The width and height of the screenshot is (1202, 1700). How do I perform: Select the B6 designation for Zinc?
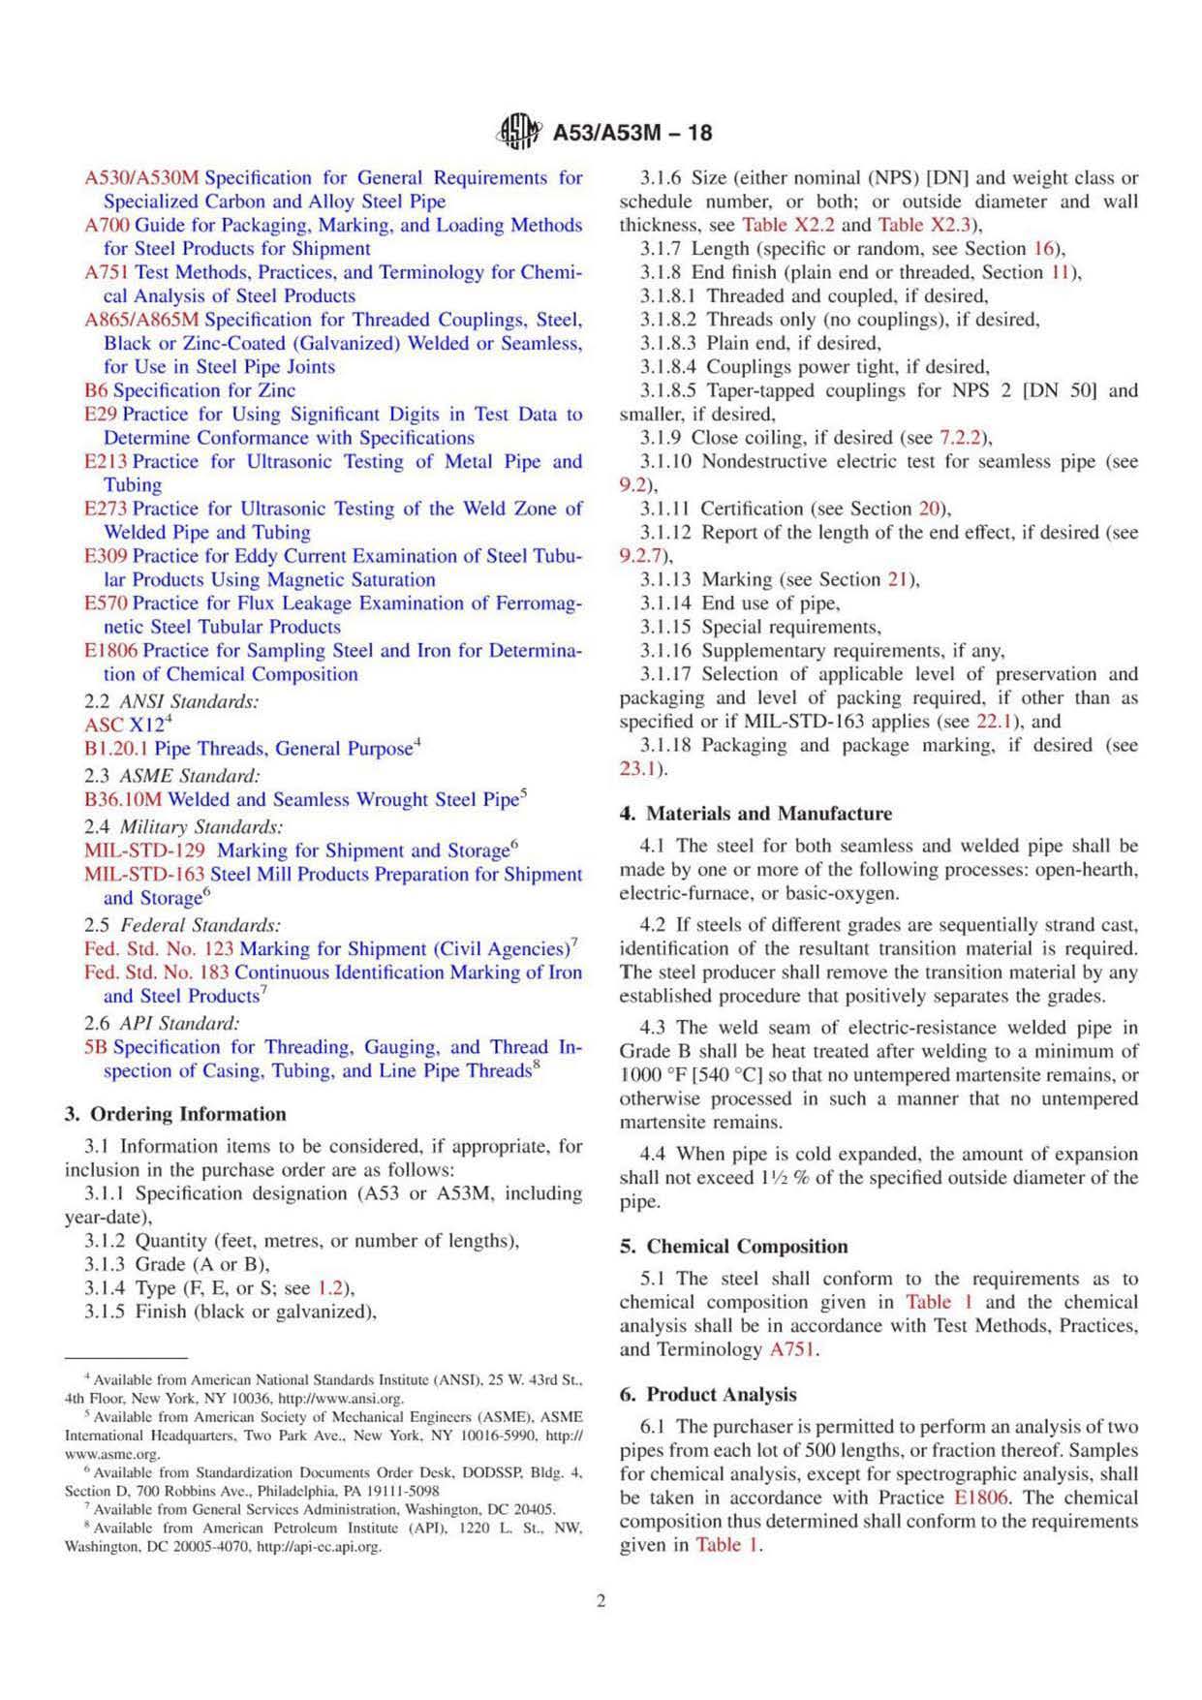click(x=96, y=390)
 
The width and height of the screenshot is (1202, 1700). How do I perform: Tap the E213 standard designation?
click(x=106, y=461)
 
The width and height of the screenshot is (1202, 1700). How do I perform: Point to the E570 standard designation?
click(x=106, y=603)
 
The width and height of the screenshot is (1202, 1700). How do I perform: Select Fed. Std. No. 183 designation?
click(x=156, y=973)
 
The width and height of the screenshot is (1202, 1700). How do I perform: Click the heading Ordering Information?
click(x=188, y=1114)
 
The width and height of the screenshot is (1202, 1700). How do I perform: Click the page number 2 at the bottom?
click(x=601, y=1601)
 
